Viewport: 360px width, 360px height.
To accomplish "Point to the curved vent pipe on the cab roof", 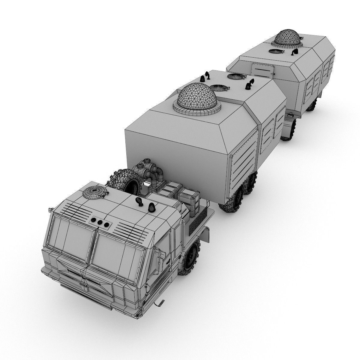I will (139, 201).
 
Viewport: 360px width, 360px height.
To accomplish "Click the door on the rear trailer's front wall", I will (263, 70).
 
